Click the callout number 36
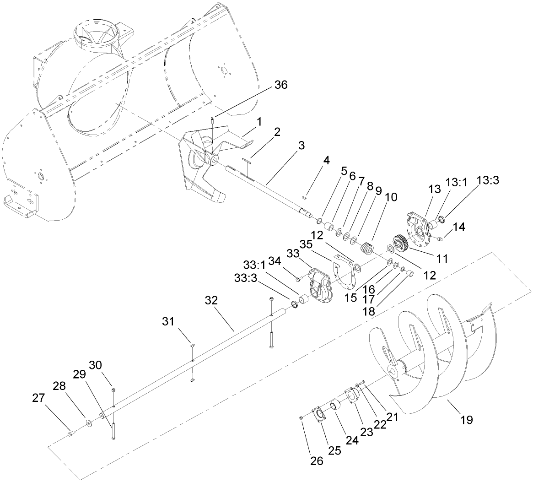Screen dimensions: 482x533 coord(281,85)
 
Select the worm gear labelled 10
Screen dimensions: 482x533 coord(367,250)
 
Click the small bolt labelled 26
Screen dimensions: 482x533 coord(301,417)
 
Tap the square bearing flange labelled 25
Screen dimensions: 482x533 coord(317,414)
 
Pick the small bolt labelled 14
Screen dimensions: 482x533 coord(441,238)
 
